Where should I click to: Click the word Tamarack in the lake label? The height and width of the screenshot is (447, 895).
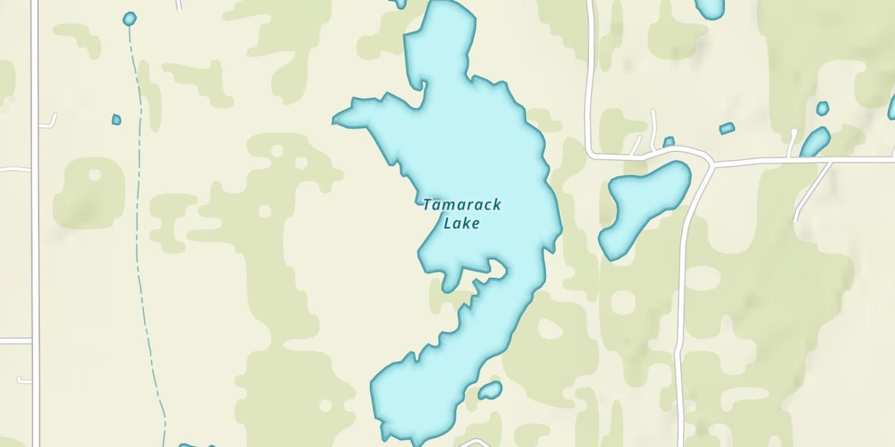tap(462, 205)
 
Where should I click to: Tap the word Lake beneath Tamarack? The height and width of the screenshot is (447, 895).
tap(462, 224)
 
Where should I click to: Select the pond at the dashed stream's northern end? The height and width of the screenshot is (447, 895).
tap(129, 19)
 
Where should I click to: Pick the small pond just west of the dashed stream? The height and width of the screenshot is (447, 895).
tap(116, 120)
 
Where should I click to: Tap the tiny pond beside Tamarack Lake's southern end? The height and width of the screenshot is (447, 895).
tap(490, 390)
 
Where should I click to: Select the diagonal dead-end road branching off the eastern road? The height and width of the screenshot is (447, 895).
tap(811, 191)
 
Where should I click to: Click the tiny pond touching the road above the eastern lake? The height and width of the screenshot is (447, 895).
tap(669, 142)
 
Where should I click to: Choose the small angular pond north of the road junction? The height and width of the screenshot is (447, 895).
tap(727, 128)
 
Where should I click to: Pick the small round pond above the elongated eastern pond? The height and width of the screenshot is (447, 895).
tap(822, 108)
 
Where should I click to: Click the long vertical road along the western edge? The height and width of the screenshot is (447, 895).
tap(35, 238)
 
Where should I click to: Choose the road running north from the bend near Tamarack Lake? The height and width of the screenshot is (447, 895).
tap(590, 72)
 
